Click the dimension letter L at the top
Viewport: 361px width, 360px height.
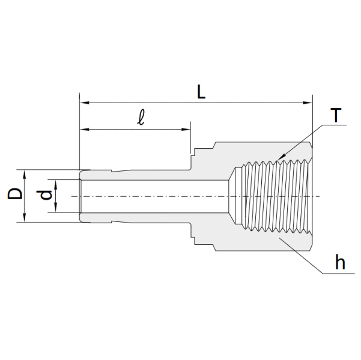pos(201,92)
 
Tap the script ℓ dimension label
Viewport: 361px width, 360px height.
pos(141,118)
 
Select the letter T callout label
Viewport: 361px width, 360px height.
pos(336,115)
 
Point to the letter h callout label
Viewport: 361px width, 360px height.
pos(340,262)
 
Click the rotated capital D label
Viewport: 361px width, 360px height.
pos(15,193)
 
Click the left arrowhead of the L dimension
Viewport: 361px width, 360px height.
pos(84,103)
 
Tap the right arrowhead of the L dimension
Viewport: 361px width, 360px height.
pos(308,103)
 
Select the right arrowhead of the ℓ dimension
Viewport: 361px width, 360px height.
pos(186,129)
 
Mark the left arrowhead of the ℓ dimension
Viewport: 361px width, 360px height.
pos(84,129)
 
